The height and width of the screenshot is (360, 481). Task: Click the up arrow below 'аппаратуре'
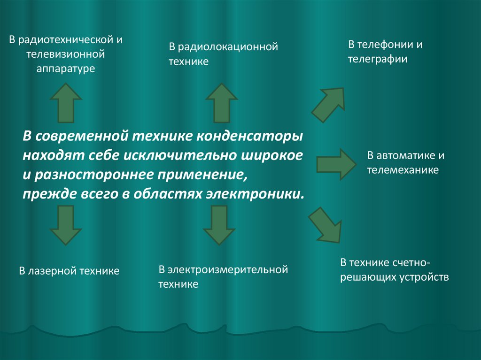pyautogui.click(x=66, y=103)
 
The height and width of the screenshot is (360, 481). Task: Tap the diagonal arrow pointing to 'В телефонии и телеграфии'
pyautogui.click(x=330, y=103)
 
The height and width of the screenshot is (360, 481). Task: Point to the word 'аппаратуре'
pyautogui.click(x=66, y=69)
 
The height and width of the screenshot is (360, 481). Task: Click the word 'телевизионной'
pyautogui.click(x=66, y=54)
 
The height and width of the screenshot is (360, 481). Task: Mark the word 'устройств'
pyautogui.click(x=427, y=276)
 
